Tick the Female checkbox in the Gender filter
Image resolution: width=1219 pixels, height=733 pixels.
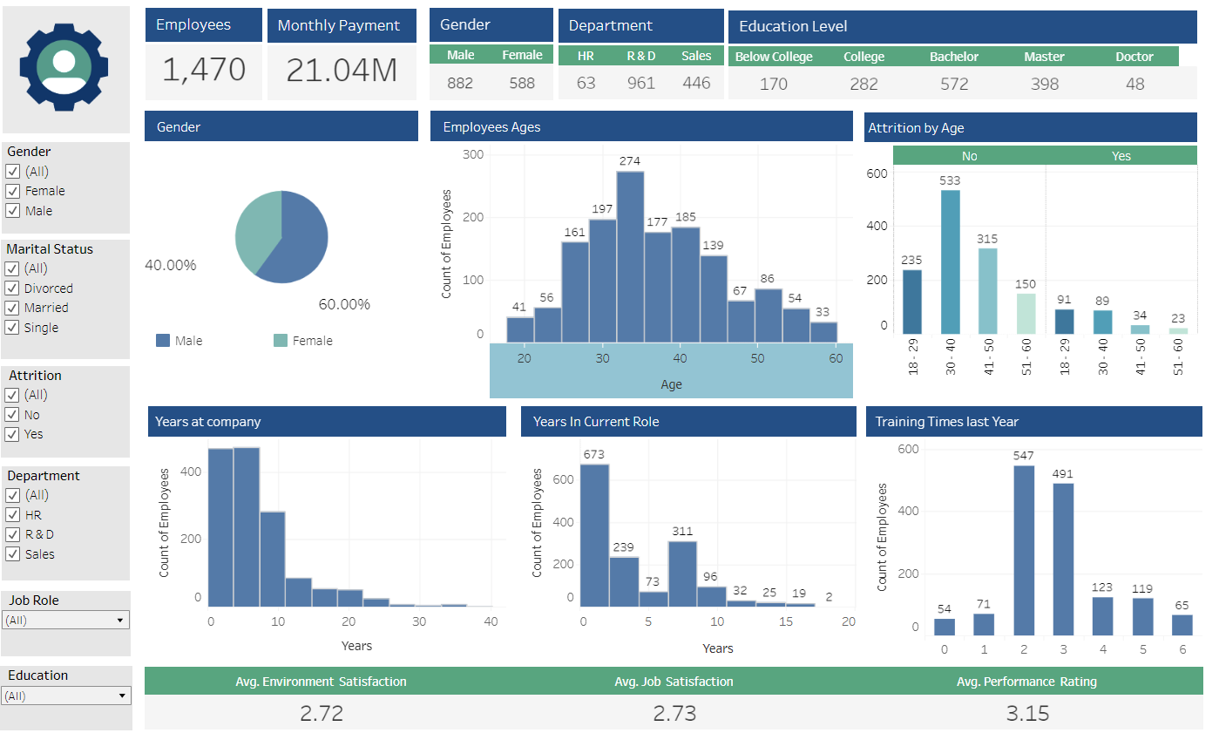13,191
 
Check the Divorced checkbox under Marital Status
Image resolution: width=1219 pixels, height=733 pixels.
13,288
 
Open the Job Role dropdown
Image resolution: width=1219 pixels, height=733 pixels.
66,621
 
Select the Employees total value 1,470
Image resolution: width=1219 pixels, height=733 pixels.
203,71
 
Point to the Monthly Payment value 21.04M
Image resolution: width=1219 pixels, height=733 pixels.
342,71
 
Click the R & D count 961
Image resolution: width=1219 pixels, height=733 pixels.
640,84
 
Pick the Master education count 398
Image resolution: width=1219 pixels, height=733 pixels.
1044,85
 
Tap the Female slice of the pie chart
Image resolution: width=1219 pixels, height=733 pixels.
255,231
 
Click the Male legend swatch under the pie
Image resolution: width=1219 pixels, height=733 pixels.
163,341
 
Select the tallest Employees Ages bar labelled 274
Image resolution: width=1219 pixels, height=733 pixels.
630,256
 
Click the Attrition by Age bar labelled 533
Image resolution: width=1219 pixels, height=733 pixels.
950,261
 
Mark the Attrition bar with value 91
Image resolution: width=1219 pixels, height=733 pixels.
1064,321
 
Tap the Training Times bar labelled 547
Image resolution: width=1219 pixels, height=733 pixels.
1024,550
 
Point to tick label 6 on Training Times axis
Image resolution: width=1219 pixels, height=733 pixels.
1182,649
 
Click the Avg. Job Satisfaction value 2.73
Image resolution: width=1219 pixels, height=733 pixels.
674,713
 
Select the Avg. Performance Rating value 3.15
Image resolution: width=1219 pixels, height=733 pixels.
1027,713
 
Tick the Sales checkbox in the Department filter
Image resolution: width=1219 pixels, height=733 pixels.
13,554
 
